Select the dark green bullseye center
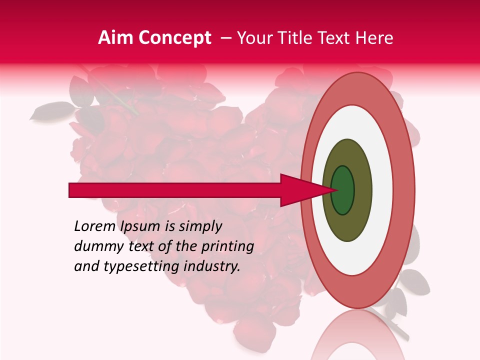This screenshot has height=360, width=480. tap(343, 190)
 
